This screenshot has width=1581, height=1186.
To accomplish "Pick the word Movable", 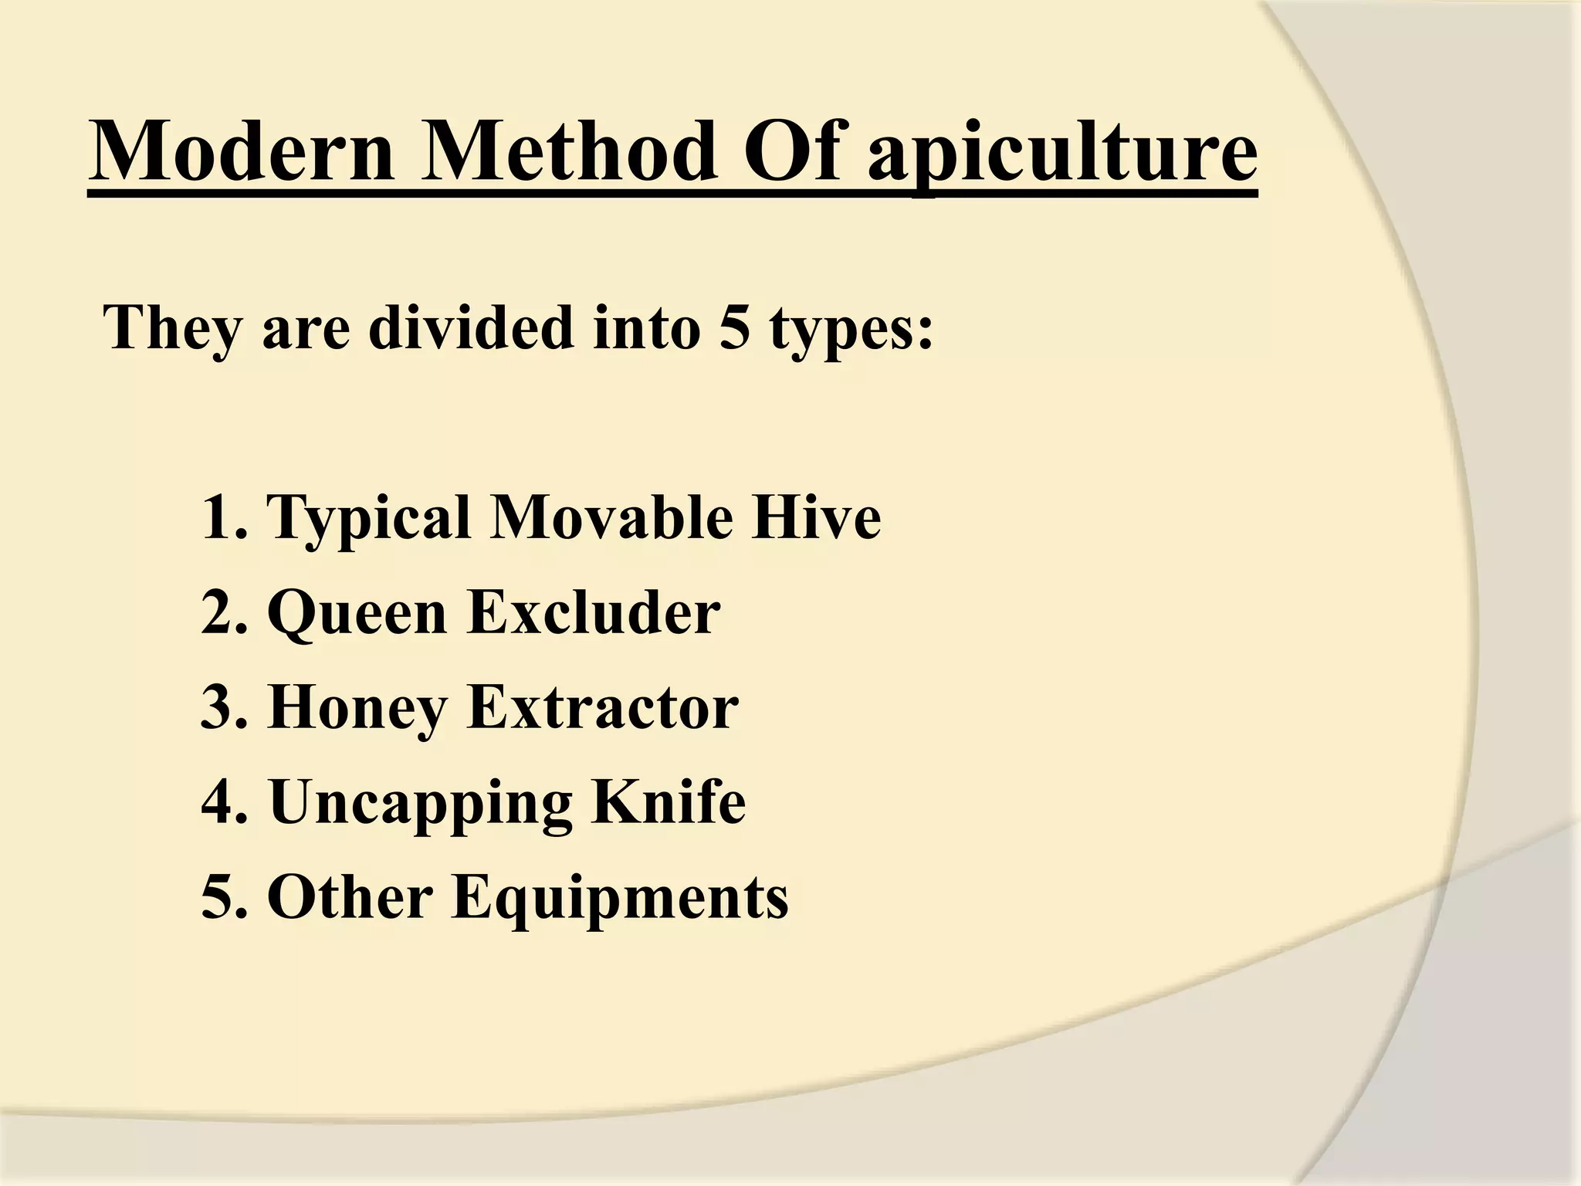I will click(611, 517).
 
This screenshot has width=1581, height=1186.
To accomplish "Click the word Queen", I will click(357, 614).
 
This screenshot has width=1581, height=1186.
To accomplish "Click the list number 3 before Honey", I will click(217, 708).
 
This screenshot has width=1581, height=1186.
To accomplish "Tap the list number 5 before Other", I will click(217, 898).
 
